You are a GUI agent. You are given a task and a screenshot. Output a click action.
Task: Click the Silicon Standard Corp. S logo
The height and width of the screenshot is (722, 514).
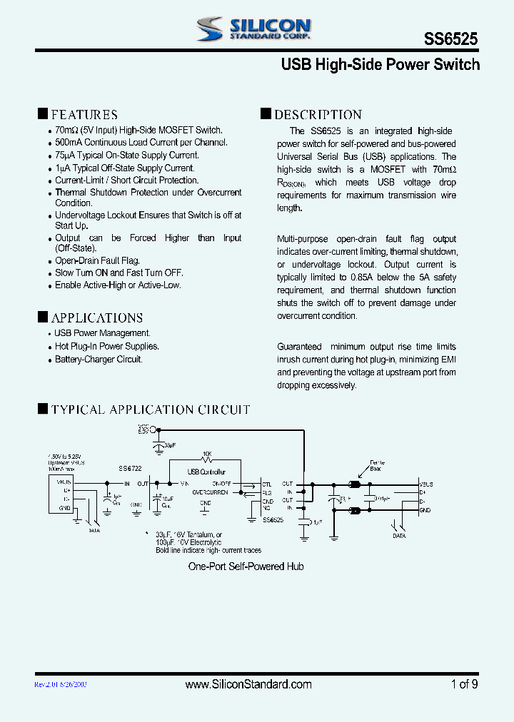211,29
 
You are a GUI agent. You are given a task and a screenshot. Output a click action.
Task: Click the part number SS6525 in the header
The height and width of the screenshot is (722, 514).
452,40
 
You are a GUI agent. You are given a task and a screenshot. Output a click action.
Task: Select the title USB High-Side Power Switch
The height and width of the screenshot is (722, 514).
380,65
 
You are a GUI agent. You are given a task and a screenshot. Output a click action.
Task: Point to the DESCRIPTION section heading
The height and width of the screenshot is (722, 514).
318,114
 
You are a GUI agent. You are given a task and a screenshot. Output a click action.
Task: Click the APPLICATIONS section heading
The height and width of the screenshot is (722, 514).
96,317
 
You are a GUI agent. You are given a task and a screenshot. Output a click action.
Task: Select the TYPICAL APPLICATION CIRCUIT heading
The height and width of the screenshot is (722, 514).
150,410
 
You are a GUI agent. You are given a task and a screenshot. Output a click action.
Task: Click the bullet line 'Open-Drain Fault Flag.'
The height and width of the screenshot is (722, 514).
98,260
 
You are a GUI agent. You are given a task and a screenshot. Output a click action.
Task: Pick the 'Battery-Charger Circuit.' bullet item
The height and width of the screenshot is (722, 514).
99,359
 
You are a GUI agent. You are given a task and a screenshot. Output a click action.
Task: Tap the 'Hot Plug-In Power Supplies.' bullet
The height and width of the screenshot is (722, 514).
107,346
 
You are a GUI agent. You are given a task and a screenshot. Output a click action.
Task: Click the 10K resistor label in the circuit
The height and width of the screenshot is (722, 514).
206,453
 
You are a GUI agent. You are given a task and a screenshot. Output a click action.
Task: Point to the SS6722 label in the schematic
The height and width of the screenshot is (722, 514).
130,468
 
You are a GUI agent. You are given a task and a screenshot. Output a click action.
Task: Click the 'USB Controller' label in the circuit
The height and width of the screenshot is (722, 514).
206,472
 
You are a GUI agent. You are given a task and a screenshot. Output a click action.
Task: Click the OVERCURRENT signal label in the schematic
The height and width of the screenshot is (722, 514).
210,492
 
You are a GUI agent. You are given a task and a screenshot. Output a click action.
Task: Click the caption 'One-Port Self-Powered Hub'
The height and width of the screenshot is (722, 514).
246,566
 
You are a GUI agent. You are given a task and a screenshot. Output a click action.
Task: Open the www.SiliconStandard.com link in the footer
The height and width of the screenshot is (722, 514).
248,684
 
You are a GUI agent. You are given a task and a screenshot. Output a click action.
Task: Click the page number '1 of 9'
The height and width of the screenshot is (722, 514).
464,684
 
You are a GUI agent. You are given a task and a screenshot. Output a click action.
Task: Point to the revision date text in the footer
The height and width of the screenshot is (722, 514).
61,684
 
